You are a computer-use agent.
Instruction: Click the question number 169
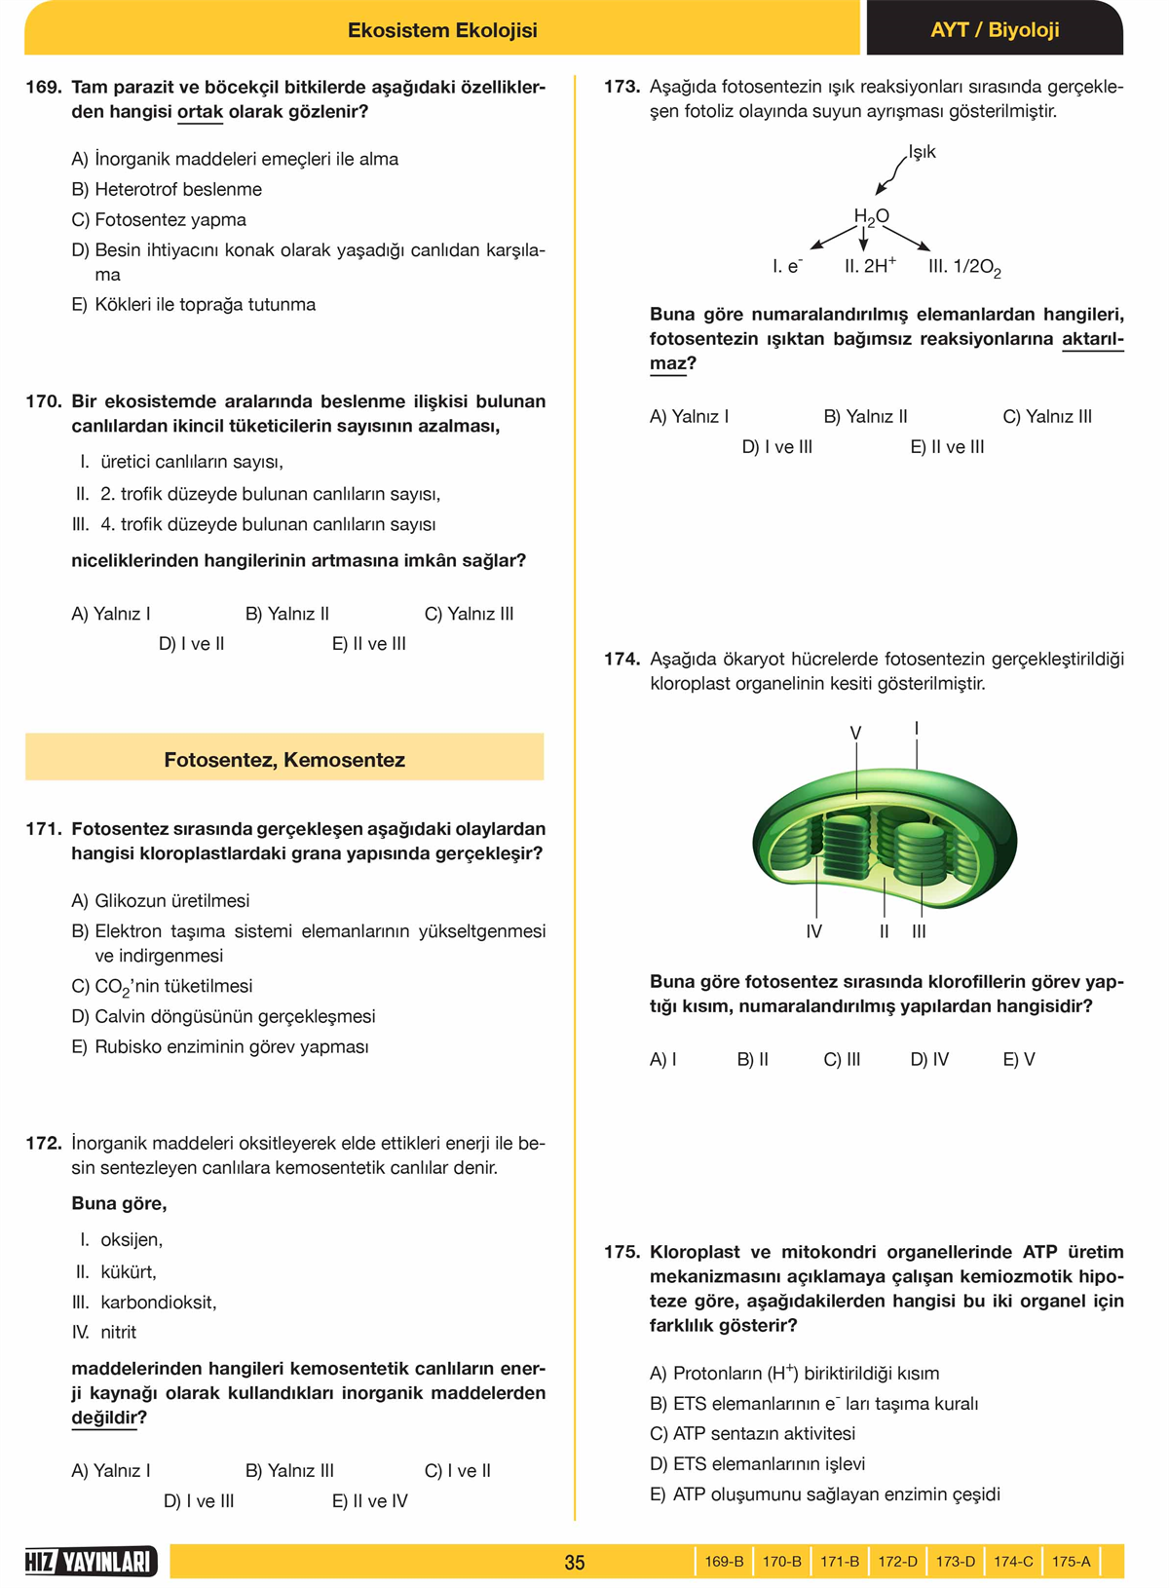click(x=43, y=87)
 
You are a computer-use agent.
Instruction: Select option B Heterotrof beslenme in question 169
click(x=167, y=189)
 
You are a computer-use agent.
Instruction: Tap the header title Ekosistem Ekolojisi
click(x=442, y=30)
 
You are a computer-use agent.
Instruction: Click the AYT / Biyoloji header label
click(x=994, y=30)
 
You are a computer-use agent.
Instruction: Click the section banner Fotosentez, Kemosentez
click(x=284, y=760)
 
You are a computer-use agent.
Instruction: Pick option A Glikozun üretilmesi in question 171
click(x=161, y=901)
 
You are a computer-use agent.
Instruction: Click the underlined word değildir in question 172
click(x=103, y=1418)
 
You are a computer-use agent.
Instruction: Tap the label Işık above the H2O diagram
click(x=922, y=152)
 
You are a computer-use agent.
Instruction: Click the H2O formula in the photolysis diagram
click(x=871, y=216)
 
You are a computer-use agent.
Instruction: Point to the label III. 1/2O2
click(x=964, y=267)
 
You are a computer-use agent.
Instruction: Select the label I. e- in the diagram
click(x=787, y=266)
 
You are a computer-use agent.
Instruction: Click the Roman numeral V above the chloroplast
click(x=855, y=733)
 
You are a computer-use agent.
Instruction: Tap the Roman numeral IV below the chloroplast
click(x=814, y=931)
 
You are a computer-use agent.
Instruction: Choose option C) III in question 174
click(x=842, y=1059)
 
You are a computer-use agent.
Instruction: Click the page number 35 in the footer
click(x=575, y=1563)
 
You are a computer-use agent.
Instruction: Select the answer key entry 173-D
click(x=955, y=1562)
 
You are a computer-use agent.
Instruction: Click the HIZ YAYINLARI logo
click(x=91, y=1562)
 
